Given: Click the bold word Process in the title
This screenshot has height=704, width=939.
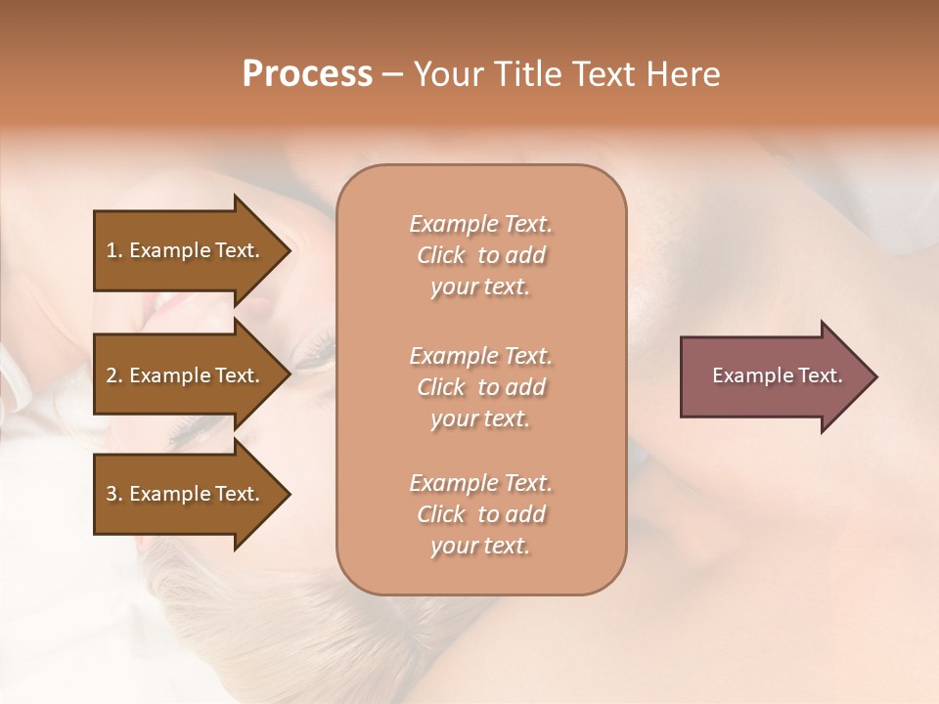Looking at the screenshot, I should (307, 74).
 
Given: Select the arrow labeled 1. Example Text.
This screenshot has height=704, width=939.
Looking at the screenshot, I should (186, 250).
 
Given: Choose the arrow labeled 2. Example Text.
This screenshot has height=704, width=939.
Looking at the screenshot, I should (186, 375).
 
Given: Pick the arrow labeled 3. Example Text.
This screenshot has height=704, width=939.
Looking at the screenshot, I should (186, 494).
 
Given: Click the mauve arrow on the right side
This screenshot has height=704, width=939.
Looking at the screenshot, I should (773, 375).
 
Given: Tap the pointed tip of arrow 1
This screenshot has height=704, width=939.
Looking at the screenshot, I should (288, 250).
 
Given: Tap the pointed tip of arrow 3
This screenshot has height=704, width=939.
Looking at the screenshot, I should (288, 494).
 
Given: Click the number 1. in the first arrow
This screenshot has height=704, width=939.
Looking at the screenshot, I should (113, 250).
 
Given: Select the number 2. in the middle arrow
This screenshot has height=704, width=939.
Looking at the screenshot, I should (113, 375).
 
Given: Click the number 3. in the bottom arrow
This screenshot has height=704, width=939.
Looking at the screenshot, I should (113, 494).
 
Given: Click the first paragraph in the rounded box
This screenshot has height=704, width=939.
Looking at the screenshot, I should (481, 255).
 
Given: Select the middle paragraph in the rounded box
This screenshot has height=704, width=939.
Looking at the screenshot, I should (481, 387).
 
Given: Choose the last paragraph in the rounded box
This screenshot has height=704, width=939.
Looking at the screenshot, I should (481, 514).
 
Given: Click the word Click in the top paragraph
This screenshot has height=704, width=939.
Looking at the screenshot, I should (441, 256).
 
